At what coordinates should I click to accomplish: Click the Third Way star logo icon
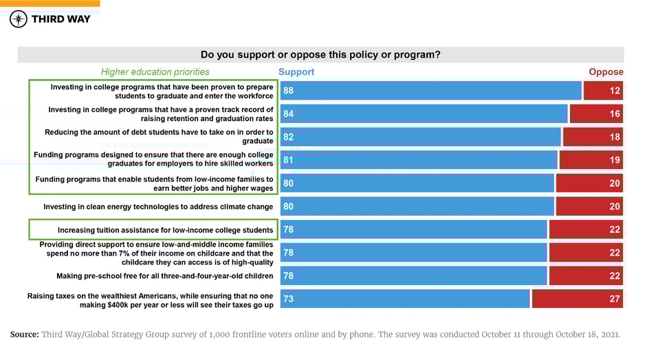(19, 19)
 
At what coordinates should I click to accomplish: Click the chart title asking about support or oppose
(320, 55)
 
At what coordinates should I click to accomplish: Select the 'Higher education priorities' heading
(155, 71)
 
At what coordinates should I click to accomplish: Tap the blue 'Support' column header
(296, 71)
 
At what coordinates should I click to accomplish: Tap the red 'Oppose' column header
(606, 71)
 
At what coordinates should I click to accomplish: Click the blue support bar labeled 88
(430, 91)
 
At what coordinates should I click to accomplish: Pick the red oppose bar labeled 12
(603, 91)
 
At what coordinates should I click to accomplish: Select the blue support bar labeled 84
(423, 114)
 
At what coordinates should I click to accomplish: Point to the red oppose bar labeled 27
(577, 299)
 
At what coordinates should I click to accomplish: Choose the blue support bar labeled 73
(405, 299)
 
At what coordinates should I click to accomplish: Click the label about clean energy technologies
(158, 207)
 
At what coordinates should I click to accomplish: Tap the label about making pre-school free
(165, 276)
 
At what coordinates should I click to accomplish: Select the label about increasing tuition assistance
(165, 230)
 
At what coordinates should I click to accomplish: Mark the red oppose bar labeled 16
(596, 114)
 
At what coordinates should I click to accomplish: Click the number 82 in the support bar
(289, 137)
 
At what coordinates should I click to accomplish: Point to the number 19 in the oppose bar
(615, 160)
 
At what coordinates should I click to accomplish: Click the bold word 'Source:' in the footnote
(24, 335)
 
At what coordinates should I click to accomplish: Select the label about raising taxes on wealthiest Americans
(150, 300)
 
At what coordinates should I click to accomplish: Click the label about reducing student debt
(159, 137)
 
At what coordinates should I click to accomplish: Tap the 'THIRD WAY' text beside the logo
(60, 19)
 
